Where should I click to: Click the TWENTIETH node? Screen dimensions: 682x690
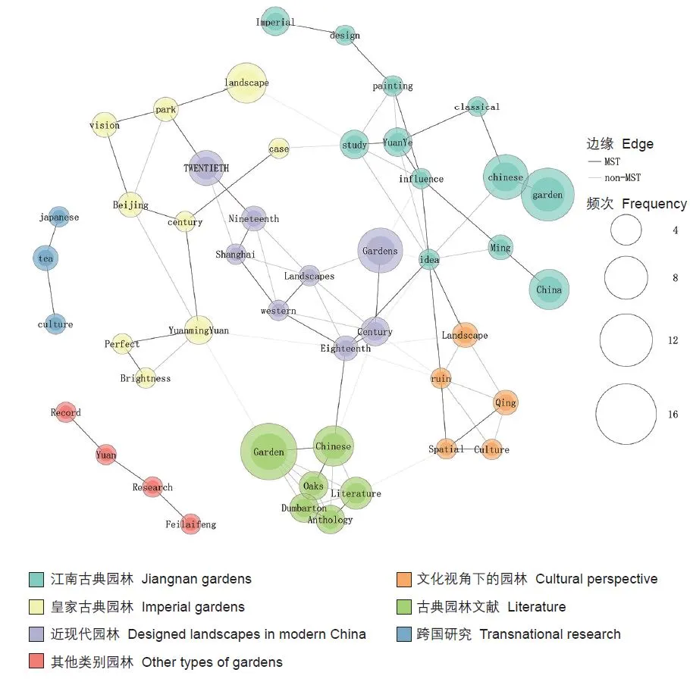tap(205, 167)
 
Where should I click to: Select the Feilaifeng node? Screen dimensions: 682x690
tap(191, 524)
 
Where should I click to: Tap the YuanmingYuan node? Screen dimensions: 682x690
tap(198, 330)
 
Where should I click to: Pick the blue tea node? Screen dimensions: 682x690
tap(45, 258)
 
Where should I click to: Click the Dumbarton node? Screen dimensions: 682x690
tap(304, 508)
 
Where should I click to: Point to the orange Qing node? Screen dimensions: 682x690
tap(505, 403)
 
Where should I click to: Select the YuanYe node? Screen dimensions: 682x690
tap(397, 142)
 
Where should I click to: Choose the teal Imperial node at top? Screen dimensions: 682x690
tap(274, 22)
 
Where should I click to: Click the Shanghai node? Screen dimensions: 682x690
tap(235, 255)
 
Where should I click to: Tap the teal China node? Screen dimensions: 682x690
tap(548, 289)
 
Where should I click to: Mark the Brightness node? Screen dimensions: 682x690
tap(146, 378)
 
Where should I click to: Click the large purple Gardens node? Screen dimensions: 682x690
tap(380, 251)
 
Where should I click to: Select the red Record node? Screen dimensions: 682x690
tap(66, 413)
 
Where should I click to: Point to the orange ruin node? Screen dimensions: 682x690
tap(441, 378)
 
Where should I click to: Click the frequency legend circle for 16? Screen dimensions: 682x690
tap(626, 414)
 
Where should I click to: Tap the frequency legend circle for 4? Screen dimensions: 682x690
tap(626, 230)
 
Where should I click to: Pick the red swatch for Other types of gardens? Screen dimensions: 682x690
tap(36, 662)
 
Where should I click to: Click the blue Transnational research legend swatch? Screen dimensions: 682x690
tap(403, 634)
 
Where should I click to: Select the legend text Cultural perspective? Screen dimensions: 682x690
tap(596, 579)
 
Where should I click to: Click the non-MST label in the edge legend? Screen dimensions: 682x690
tap(622, 178)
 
